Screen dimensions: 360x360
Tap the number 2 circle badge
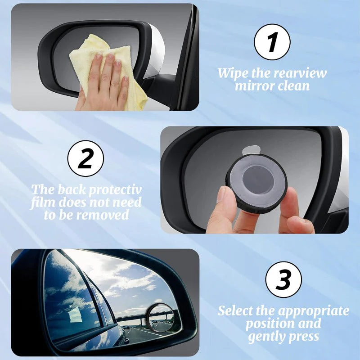tap(85, 158)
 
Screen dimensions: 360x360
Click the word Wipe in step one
tap(232, 73)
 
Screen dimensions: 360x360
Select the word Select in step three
tap(238, 311)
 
